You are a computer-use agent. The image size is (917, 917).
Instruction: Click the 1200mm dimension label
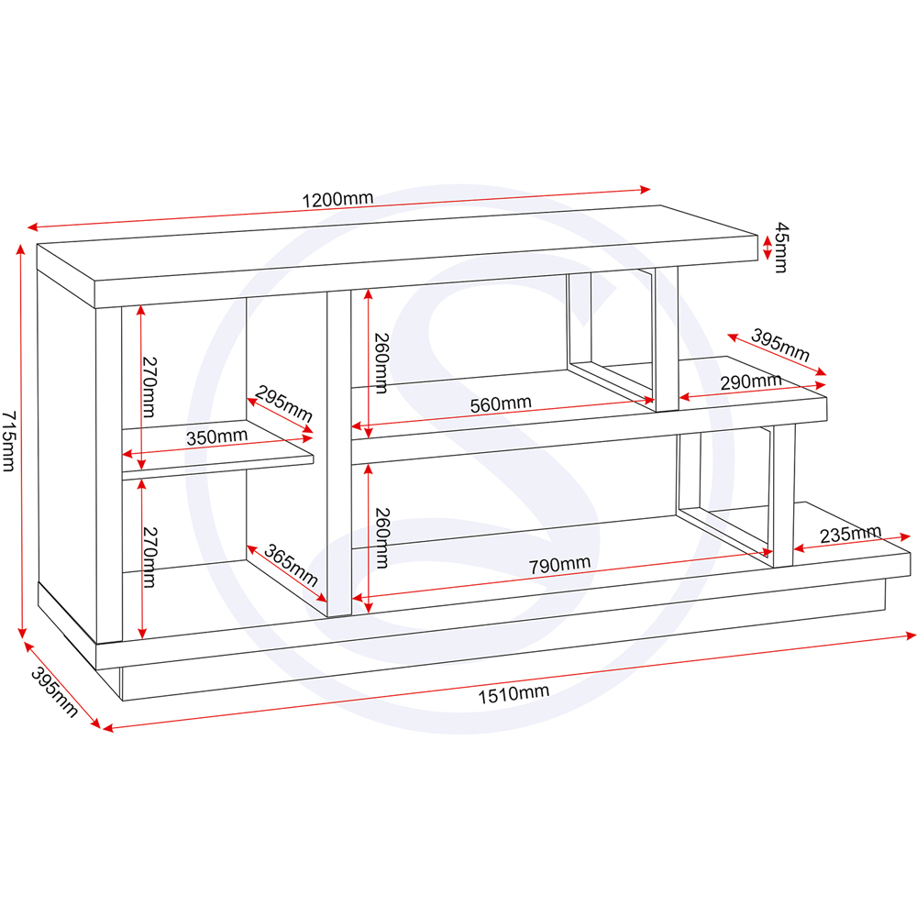(x=337, y=199)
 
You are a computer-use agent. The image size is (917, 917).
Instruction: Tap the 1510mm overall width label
(x=514, y=692)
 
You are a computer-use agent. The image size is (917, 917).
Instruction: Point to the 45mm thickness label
(x=780, y=247)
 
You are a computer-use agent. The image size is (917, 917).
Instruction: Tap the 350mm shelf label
(x=216, y=436)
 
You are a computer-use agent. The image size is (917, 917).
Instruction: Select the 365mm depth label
(x=291, y=566)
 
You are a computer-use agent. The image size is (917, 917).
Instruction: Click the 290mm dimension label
(x=750, y=381)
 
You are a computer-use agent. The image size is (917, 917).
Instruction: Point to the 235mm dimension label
(x=850, y=534)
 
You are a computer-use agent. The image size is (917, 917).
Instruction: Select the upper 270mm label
(x=148, y=385)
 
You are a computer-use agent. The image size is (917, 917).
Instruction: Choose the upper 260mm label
(x=381, y=363)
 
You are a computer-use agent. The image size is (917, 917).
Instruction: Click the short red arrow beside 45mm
(x=766, y=247)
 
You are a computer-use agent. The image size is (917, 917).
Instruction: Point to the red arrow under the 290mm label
(x=753, y=392)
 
